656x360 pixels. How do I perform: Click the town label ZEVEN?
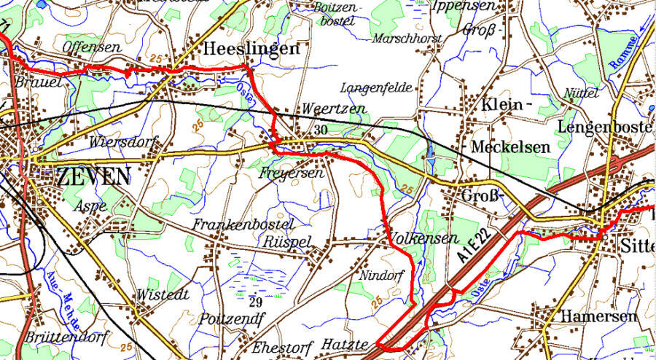click(93, 176)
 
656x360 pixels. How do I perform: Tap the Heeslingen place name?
click(251, 49)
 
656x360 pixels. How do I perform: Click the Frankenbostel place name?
click(243, 224)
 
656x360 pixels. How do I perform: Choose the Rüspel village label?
click(288, 241)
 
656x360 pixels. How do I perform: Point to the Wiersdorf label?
click(124, 141)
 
